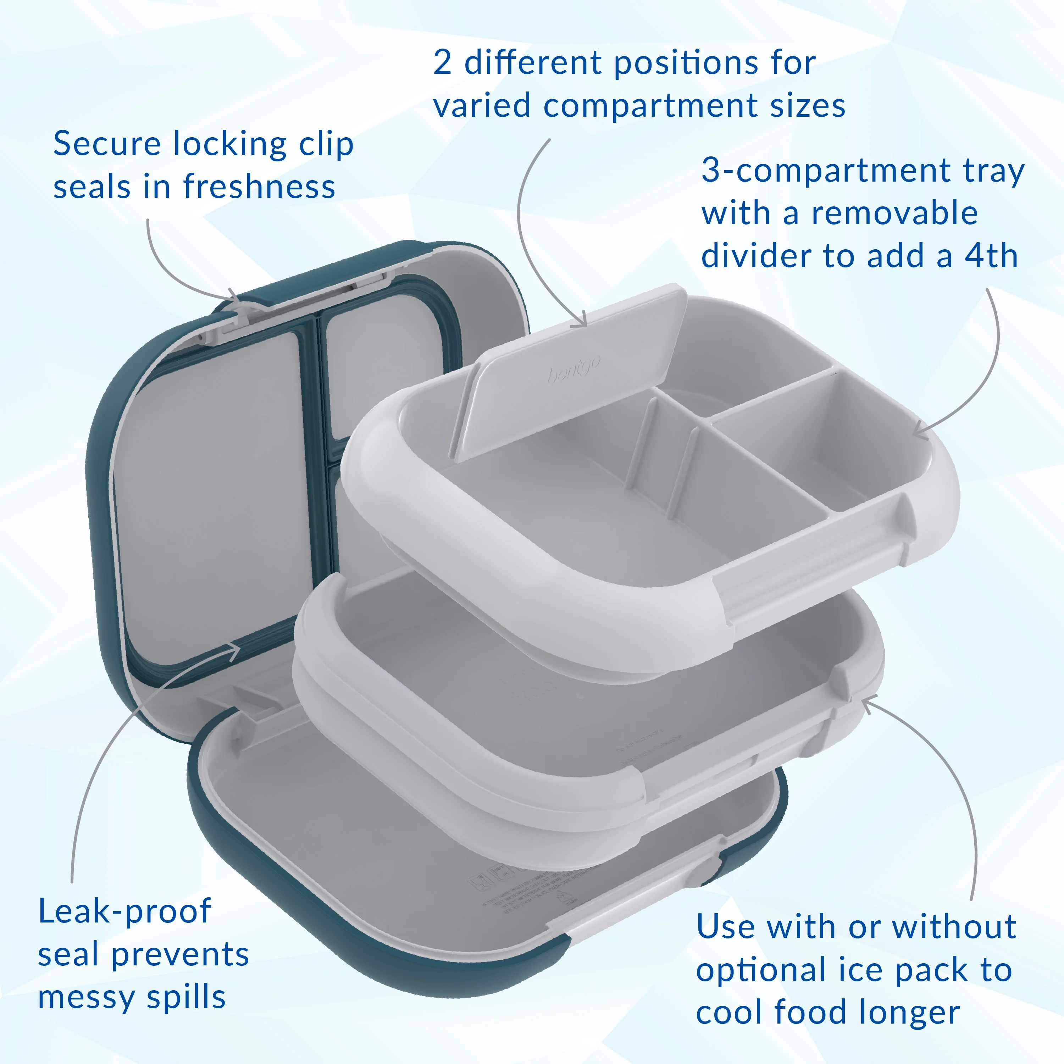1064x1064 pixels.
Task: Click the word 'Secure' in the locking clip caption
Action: tap(107, 144)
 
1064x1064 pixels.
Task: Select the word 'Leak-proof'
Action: tap(124, 911)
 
